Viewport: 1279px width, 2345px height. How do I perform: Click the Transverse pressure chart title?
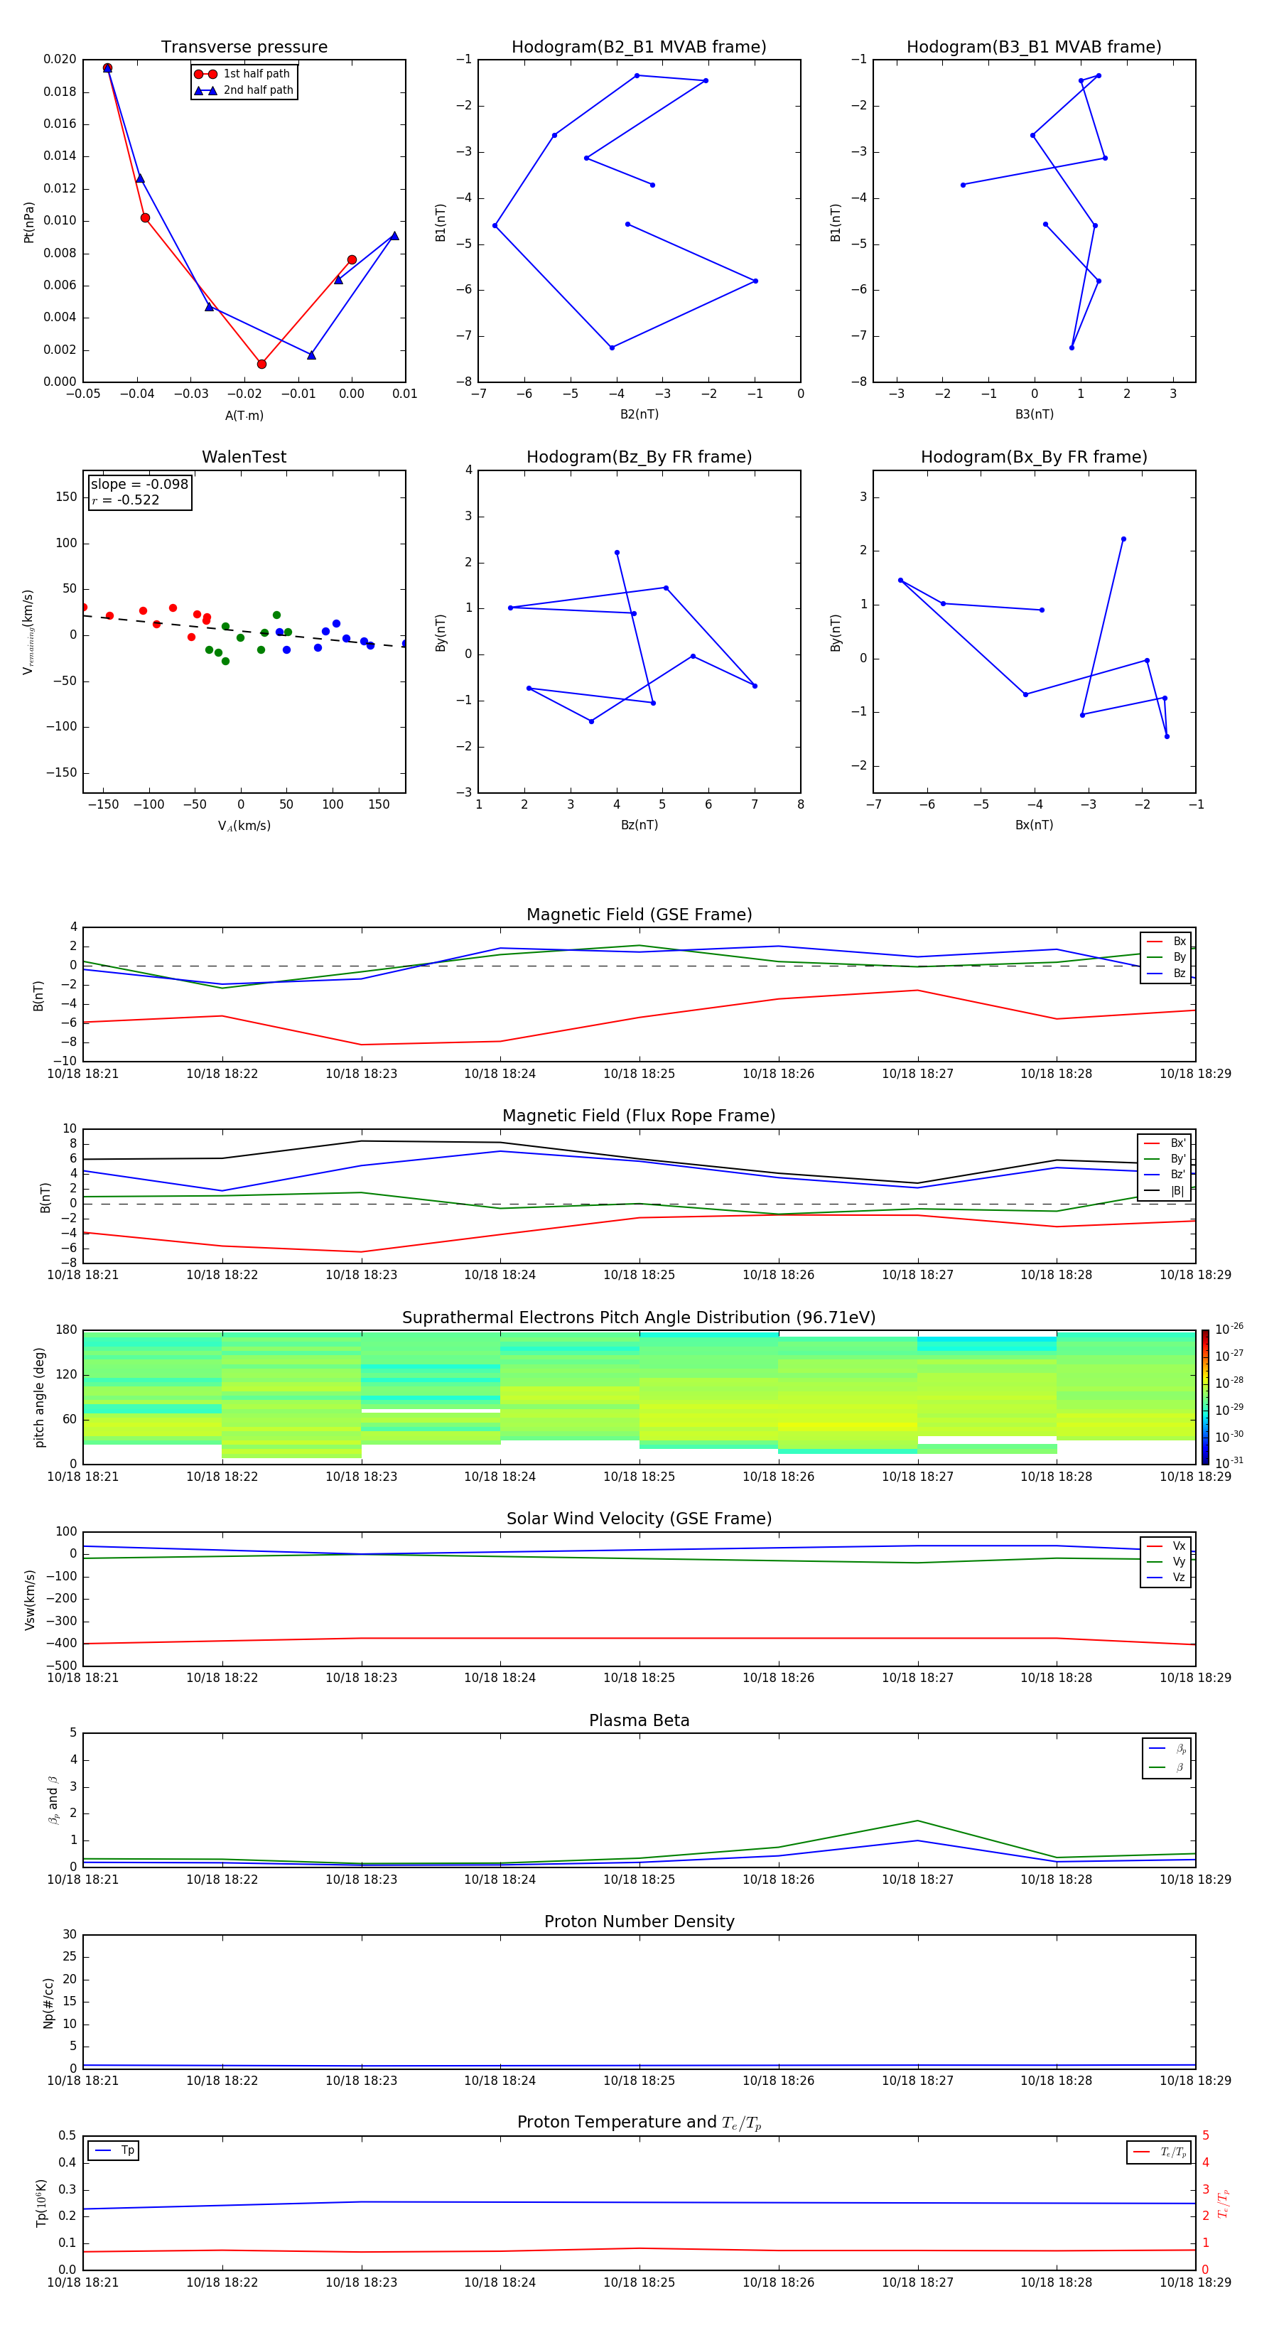click(x=244, y=48)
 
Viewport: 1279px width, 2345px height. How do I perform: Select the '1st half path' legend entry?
click(x=256, y=74)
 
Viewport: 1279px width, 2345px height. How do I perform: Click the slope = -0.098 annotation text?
click(x=139, y=485)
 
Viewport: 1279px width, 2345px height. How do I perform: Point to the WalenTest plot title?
click(x=244, y=457)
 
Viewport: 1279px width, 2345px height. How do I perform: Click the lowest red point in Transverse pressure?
click(x=261, y=364)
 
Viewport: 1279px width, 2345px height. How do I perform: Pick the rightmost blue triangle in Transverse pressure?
click(x=394, y=236)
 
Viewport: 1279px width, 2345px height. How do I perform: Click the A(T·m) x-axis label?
click(x=244, y=415)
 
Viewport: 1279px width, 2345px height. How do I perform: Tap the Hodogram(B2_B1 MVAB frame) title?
click(x=638, y=48)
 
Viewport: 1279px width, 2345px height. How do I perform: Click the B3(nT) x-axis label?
click(x=1034, y=414)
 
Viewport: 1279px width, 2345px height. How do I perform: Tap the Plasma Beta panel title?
click(x=638, y=1720)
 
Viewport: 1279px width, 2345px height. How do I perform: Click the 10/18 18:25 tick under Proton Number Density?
click(x=639, y=2080)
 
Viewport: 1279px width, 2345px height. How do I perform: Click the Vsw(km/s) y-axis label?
click(x=30, y=1599)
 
